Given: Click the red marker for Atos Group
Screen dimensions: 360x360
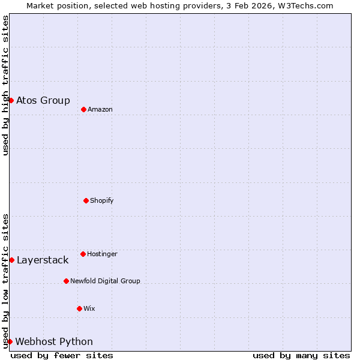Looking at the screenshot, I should tap(11, 100).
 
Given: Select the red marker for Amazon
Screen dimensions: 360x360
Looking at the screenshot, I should tap(83, 109).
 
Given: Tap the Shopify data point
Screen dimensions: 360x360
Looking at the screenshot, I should tap(86, 200).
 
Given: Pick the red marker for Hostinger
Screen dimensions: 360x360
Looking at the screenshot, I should tap(83, 254).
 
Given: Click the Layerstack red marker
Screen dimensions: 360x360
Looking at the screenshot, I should tap(11, 260).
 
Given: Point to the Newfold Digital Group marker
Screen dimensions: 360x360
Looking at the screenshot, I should tap(66, 281).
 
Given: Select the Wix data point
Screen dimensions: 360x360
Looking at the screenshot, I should tap(79, 308).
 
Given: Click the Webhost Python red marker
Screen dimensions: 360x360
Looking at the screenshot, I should tap(10, 341).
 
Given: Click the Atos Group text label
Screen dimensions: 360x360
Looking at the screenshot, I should tap(43, 100).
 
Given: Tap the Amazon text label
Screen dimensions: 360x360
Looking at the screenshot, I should tap(100, 109).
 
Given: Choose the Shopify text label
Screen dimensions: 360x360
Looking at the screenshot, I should tap(102, 200).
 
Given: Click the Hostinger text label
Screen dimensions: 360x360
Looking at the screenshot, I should tap(102, 254).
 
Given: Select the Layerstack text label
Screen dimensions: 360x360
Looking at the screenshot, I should tap(43, 260).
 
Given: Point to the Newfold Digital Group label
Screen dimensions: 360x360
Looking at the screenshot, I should tap(105, 281).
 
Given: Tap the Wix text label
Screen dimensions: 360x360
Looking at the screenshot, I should tap(89, 308).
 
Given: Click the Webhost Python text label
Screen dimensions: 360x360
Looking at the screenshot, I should tap(54, 341).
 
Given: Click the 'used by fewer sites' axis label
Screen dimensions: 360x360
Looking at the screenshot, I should tap(62, 355).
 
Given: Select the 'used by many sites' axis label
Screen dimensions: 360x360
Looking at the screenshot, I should tap(301, 355).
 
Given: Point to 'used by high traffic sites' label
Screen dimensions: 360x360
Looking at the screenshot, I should tap(5, 85).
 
